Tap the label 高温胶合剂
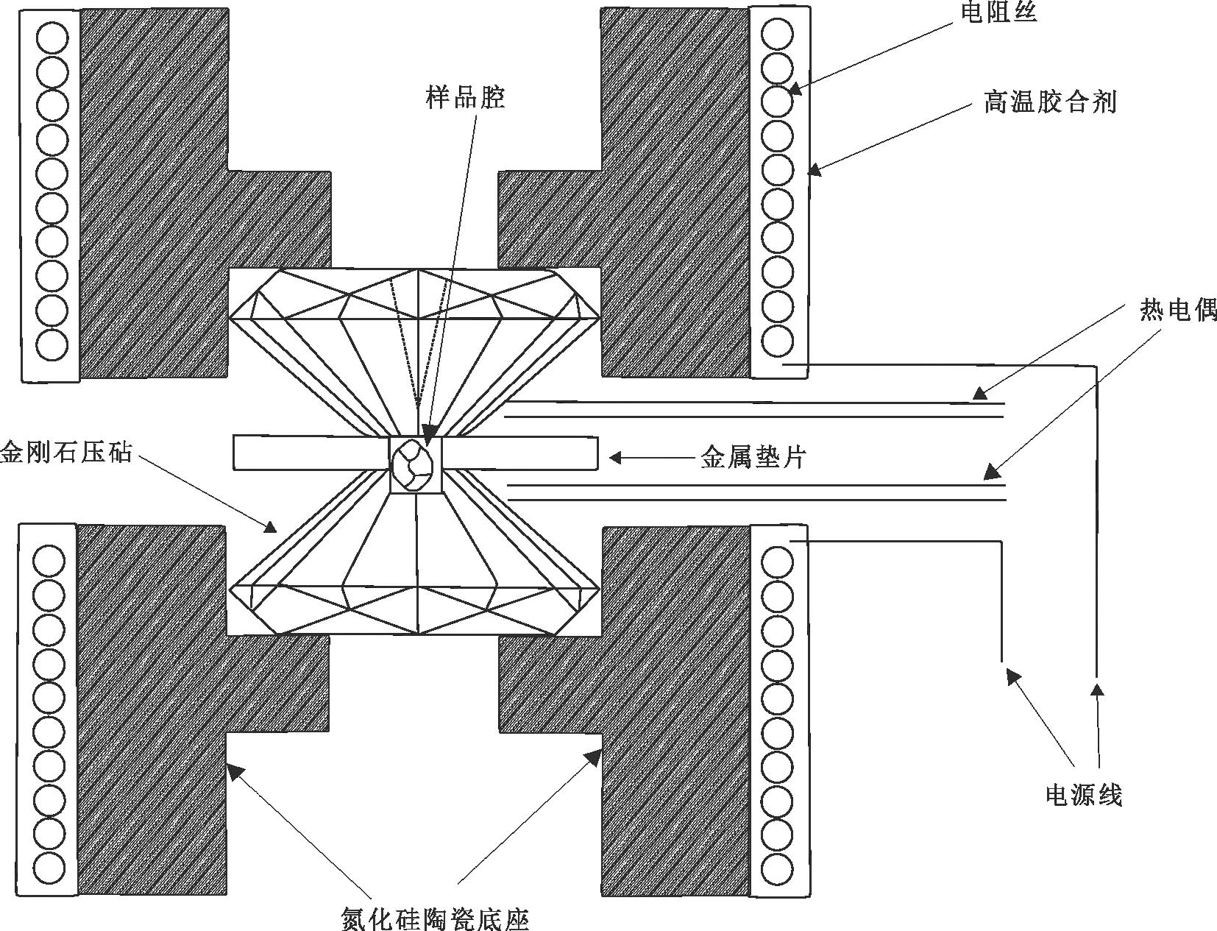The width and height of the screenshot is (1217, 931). click(1049, 102)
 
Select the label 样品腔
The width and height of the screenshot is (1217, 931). click(465, 98)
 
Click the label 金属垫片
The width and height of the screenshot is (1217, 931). click(753, 458)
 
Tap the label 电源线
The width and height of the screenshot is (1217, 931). click(1083, 795)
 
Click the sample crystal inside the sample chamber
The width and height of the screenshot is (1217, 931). click(413, 464)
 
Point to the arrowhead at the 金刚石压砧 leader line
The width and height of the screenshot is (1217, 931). click(269, 525)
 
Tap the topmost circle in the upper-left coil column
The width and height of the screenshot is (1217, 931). click(52, 39)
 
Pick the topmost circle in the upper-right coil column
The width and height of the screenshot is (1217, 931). click(777, 35)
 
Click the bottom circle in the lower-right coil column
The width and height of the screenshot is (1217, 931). click(777, 878)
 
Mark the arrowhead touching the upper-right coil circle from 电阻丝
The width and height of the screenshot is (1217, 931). click(795, 90)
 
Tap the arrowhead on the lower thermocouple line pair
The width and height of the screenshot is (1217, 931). click(991, 473)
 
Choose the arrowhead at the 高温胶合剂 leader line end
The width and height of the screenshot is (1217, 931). click(814, 169)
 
